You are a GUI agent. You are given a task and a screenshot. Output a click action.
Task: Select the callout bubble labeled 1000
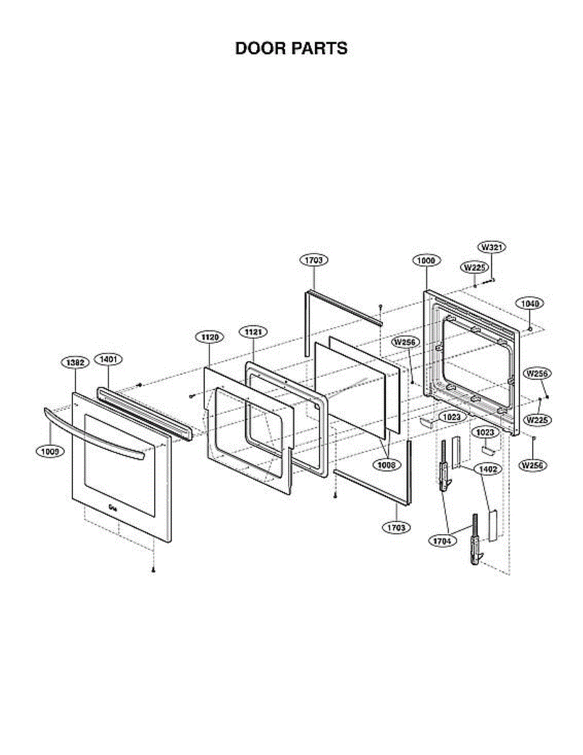pos(426,260)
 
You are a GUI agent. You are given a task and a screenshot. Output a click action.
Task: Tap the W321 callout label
pos(493,247)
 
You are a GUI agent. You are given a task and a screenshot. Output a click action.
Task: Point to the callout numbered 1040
pos(530,303)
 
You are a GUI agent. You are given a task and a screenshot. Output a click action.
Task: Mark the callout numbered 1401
pos(108,359)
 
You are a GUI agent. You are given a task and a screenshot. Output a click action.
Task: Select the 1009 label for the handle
pos(50,450)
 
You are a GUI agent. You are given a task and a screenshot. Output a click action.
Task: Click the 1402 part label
pos(484,469)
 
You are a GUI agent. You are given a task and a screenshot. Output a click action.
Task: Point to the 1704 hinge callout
pos(443,540)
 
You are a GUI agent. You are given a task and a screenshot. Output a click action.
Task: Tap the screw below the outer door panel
pos(153,570)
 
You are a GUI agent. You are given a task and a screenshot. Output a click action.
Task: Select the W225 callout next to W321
pos(475,267)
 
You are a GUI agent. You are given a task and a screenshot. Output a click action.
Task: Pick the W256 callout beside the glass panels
pos(406,342)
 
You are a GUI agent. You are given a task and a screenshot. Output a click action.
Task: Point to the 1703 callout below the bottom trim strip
pos(396,527)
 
